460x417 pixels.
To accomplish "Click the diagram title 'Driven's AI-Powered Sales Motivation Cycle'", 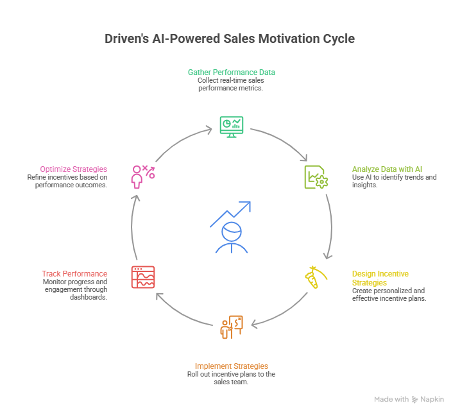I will (230, 39).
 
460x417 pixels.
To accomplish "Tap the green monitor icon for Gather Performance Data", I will (231, 125).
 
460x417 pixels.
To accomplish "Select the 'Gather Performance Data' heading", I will (232, 72).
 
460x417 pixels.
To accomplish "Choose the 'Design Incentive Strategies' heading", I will (380, 278).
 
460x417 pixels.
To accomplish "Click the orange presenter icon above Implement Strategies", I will (231, 327).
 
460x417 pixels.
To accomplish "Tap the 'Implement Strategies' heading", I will (231, 366).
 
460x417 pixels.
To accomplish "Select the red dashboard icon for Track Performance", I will (143, 277).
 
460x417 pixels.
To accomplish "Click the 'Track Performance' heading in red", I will (74, 273).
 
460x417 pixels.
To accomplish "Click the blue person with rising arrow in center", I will (230, 228).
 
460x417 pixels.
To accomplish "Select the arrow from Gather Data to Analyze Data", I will (282, 142).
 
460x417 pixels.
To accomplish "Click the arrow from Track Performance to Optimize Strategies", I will (133, 225).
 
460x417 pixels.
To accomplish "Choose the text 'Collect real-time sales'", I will (232, 81).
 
